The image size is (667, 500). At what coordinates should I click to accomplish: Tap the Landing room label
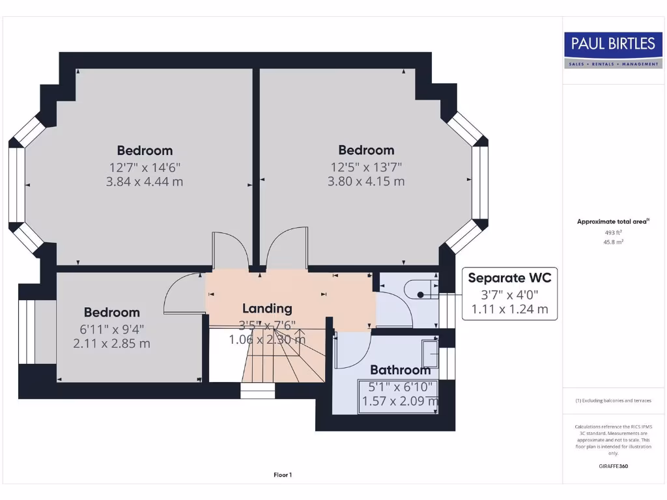click(x=267, y=309)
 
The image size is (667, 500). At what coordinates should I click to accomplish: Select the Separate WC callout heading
click(x=509, y=278)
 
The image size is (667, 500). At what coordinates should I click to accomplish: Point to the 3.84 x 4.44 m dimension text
click(x=145, y=182)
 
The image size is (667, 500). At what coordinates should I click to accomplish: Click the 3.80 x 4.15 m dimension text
click(x=366, y=182)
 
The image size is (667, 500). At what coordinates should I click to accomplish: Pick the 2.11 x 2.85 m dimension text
click(x=111, y=343)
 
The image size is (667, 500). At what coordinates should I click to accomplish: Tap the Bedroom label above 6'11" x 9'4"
click(x=111, y=312)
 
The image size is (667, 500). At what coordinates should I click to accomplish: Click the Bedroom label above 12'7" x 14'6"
click(x=145, y=150)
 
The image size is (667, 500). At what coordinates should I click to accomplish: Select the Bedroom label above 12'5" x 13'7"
click(x=366, y=150)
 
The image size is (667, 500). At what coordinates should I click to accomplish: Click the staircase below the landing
click(x=283, y=365)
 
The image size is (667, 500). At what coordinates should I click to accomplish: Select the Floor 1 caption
click(x=282, y=475)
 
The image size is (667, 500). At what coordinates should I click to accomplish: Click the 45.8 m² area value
click(x=613, y=242)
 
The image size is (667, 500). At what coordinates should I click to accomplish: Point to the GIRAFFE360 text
click(x=613, y=466)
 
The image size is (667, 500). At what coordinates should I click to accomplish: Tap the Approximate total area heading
click(x=612, y=222)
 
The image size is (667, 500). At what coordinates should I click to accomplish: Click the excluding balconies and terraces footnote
click(x=613, y=400)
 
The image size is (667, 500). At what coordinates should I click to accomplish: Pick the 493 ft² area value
click(x=613, y=232)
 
